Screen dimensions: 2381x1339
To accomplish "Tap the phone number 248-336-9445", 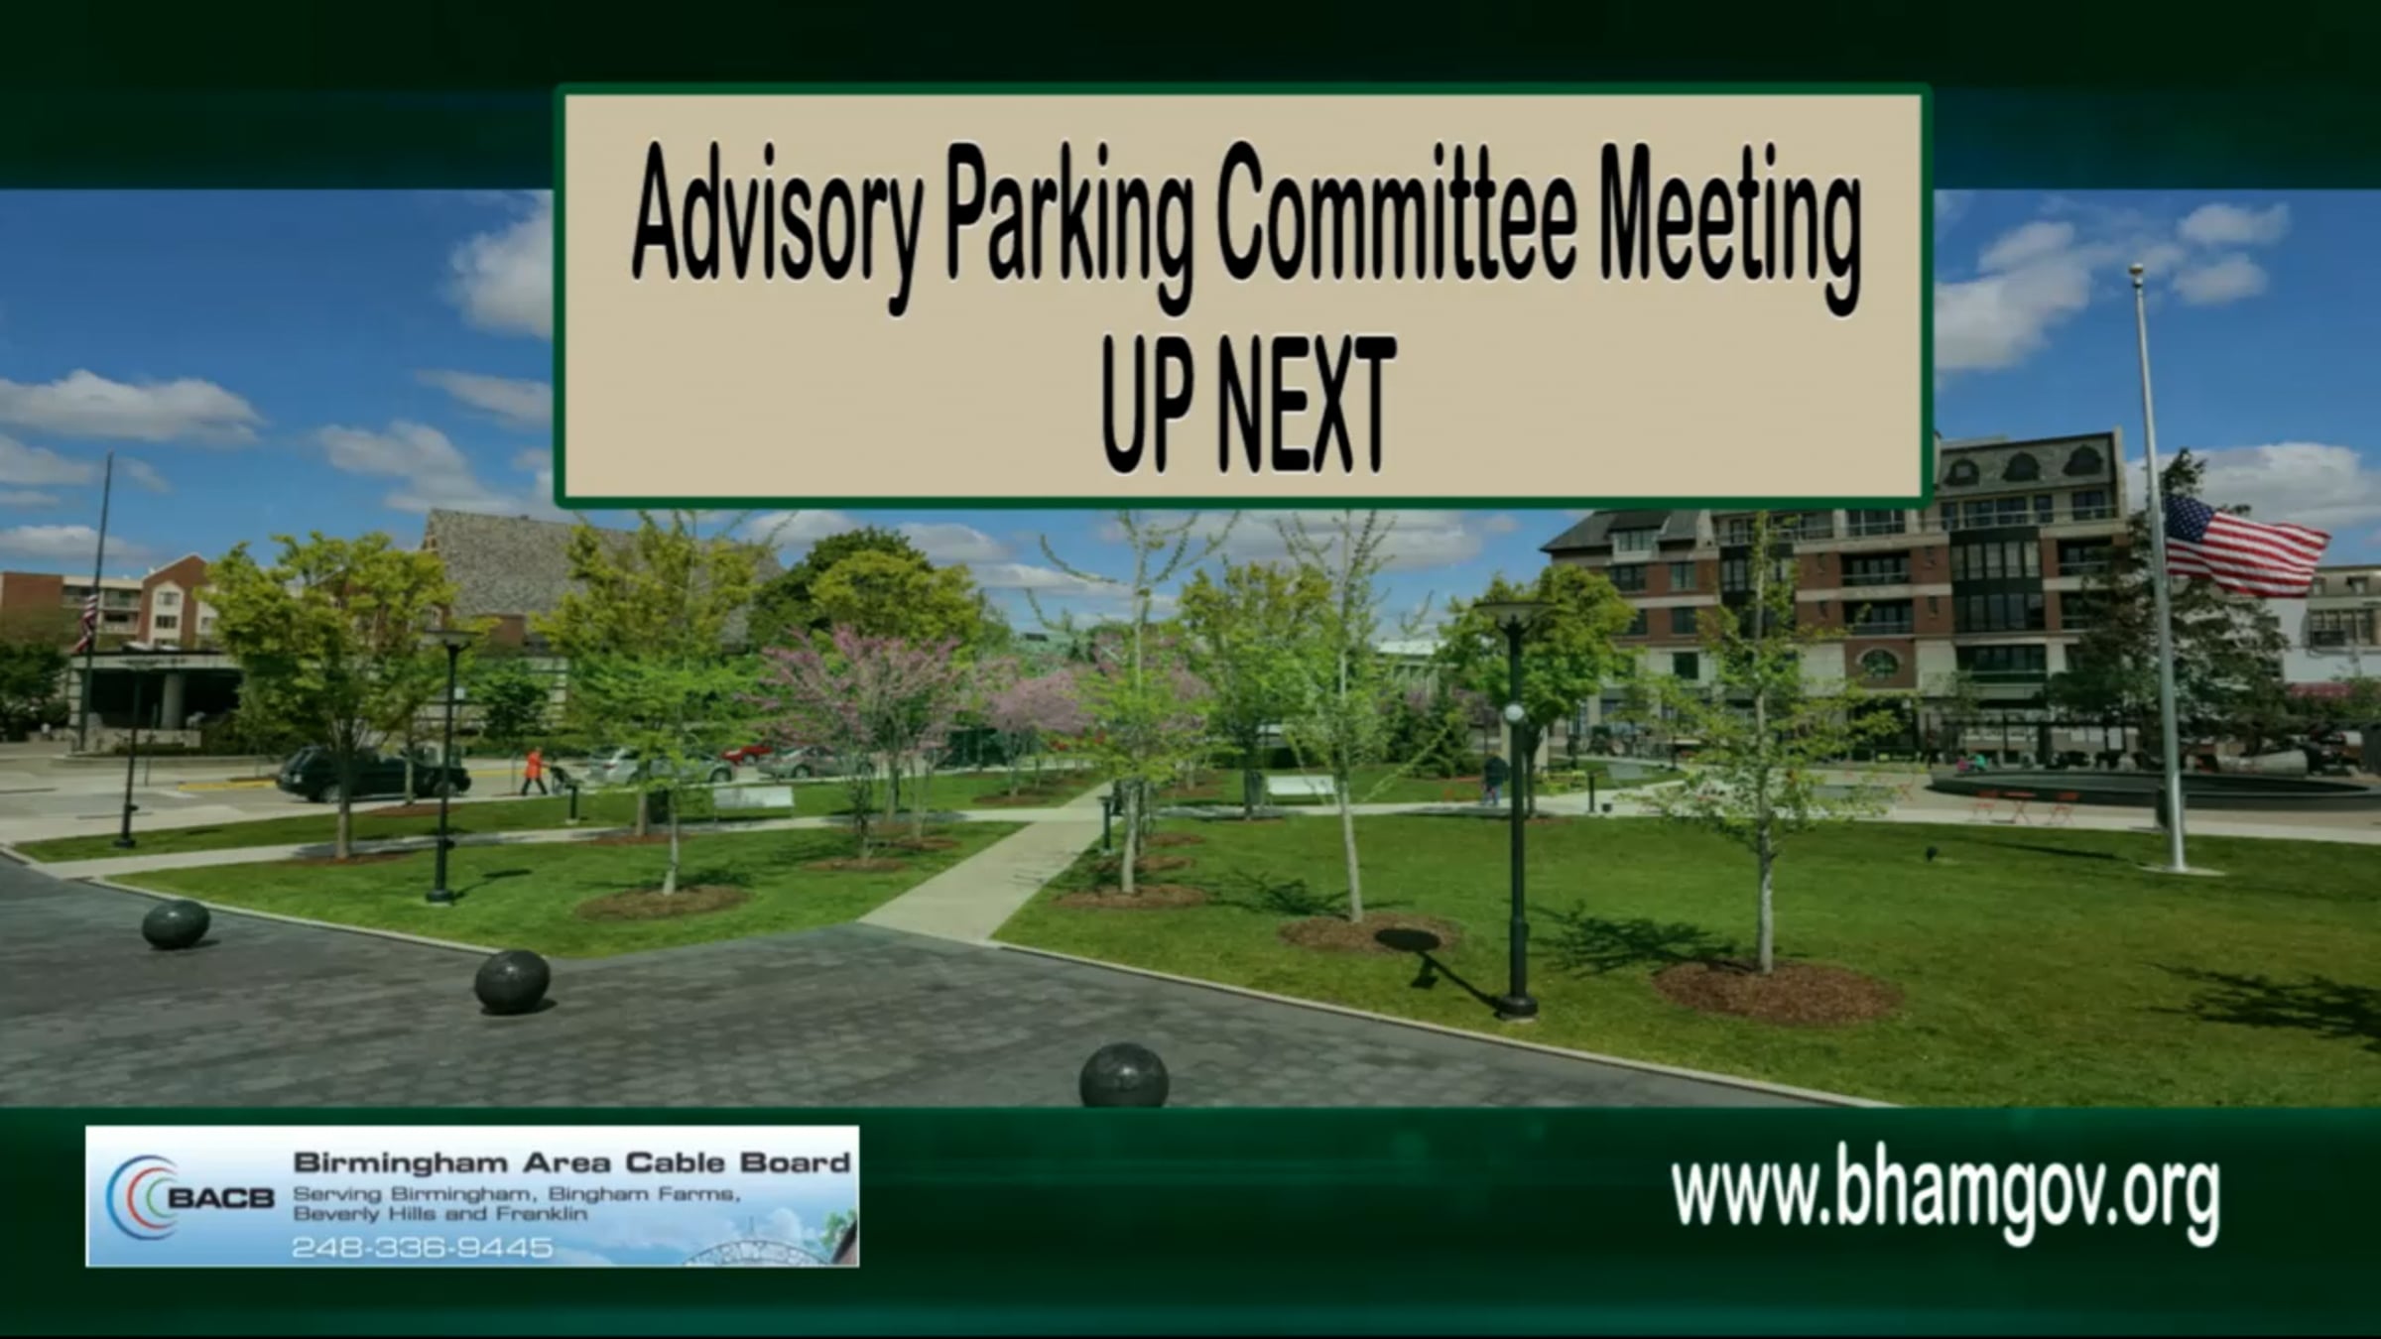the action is point(423,1247).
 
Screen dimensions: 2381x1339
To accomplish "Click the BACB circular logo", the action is point(144,1196).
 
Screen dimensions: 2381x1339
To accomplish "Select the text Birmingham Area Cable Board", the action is point(571,1162).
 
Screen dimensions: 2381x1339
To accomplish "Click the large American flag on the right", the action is point(2245,546).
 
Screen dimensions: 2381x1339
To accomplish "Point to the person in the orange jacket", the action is point(535,771).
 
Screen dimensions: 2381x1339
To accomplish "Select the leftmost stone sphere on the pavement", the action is point(176,924).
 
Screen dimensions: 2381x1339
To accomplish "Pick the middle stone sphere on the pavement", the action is point(512,981).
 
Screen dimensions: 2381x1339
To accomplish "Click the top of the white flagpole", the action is point(2136,270).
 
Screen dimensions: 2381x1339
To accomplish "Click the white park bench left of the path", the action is point(753,799).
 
